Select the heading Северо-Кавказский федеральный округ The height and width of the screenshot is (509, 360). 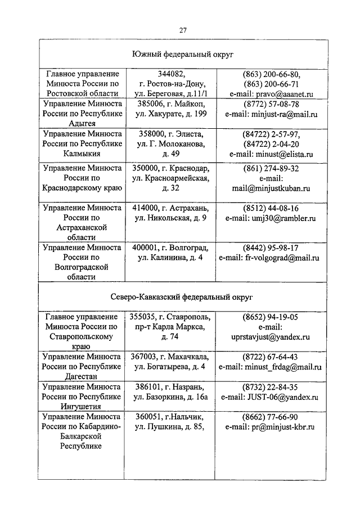183,295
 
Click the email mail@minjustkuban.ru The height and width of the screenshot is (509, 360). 271,188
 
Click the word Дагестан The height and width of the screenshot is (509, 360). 83,377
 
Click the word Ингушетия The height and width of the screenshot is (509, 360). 83,407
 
